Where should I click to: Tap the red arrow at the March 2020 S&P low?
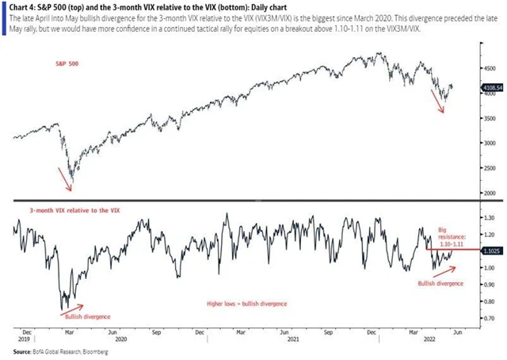(x=63, y=179)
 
